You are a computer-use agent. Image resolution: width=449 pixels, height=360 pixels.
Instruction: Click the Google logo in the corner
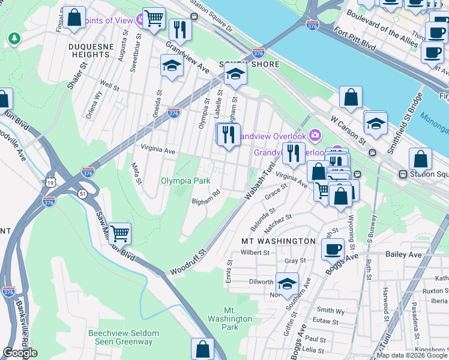(20, 353)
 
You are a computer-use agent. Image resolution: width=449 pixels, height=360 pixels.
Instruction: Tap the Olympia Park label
(185, 181)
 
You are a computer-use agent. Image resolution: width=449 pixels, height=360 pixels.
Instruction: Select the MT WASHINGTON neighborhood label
(278, 241)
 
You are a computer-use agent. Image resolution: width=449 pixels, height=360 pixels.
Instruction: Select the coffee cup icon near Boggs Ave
(332, 248)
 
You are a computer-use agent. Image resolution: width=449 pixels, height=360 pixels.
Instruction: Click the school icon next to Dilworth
(288, 284)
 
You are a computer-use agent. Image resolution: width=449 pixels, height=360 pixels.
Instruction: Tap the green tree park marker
(13, 39)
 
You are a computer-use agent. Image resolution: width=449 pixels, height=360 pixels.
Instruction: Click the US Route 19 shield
(48, 181)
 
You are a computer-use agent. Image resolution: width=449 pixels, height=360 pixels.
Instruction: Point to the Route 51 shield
(82, 193)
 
